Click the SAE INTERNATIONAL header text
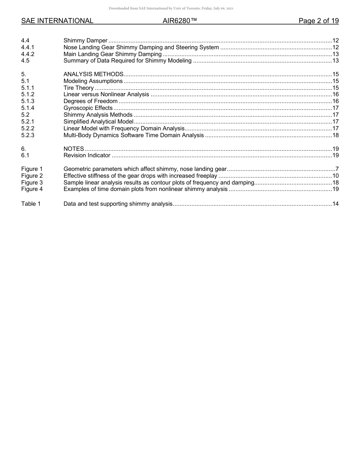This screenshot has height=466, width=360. [x=57, y=21]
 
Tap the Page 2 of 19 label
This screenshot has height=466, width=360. [x=318, y=21]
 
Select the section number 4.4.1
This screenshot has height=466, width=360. [x=28, y=47]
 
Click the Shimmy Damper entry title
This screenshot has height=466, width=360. [x=85, y=41]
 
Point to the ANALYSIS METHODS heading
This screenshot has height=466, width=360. [x=93, y=74]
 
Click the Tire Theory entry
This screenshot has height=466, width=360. [x=78, y=88]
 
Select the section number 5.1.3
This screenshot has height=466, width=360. [x=28, y=101]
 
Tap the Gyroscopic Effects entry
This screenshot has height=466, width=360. [x=88, y=108]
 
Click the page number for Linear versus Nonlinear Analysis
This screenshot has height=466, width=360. [x=335, y=94]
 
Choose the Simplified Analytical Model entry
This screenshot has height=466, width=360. [x=98, y=122]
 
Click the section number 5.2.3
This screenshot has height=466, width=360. [x=28, y=135]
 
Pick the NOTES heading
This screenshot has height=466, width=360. [x=74, y=149]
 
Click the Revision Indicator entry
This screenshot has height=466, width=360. [x=87, y=155]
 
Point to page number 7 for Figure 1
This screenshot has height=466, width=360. [x=337, y=169]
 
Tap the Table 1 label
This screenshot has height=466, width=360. [x=31, y=204]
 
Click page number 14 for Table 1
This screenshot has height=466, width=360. [x=335, y=204]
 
